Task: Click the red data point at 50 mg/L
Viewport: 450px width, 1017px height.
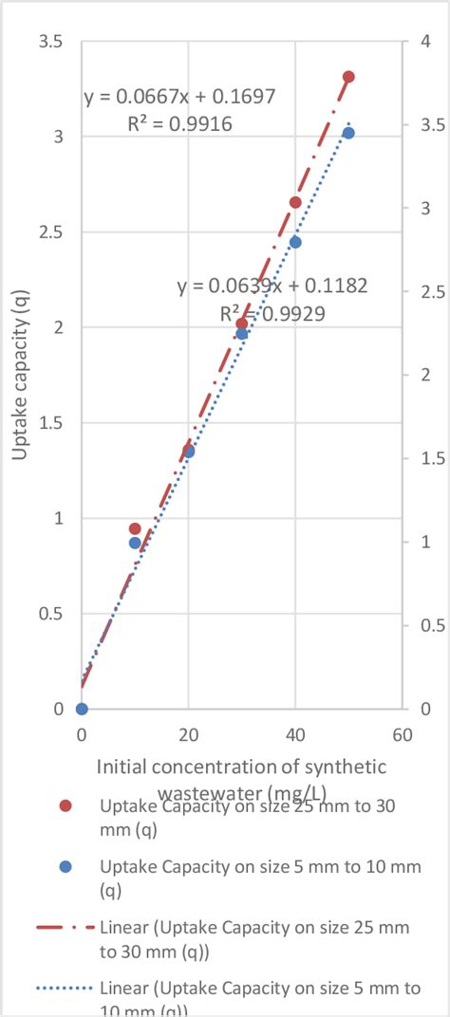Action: click(x=348, y=77)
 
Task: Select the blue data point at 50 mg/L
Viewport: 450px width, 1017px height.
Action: click(x=348, y=133)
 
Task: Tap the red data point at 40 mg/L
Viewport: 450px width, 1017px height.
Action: click(x=295, y=202)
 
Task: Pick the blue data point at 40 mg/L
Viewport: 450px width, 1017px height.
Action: click(x=295, y=242)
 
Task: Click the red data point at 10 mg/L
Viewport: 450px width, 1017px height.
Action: click(x=135, y=528)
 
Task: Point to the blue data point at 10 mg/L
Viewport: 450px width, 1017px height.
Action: click(x=135, y=543)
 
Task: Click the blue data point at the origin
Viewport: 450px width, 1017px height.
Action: click(x=82, y=709)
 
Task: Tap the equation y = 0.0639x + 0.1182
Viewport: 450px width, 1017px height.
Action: click(x=272, y=287)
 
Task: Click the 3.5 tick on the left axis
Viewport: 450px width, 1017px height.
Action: click(x=52, y=42)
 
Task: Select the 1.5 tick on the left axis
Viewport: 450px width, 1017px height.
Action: click(x=52, y=423)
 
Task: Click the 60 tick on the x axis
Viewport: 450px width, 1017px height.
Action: click(x=403, y=733)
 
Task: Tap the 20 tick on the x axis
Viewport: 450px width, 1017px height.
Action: click(x=188, y=733)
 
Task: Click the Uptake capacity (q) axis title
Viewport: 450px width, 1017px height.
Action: click(x=19, y=376)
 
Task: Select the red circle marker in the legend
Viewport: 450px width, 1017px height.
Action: click(x=66, y=805)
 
